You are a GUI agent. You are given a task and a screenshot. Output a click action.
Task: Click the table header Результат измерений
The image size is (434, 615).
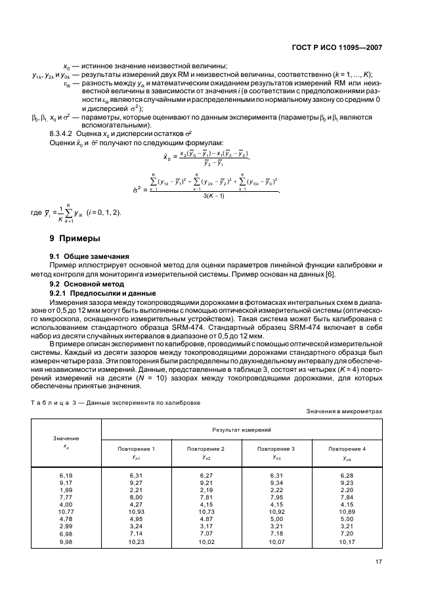(x=241, y=428)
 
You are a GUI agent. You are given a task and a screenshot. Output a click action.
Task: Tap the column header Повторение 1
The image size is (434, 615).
(x=136, y=448)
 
